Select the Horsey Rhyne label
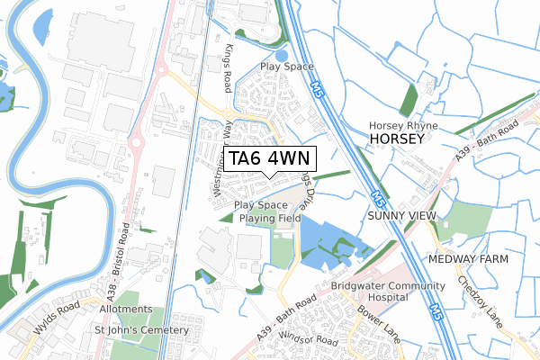[x=403, y=124]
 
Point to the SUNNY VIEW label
[x=401, y=217]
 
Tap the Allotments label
[x=126, y=309]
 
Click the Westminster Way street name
[x=220, y=162]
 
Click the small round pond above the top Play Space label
[x=283, y=55]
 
